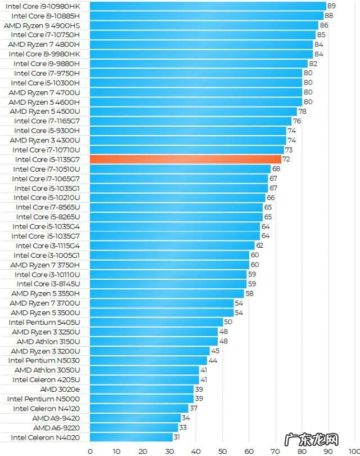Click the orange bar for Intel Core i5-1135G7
[x=186, y=159]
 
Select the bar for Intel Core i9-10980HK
[x=208, y=6]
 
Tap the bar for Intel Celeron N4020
[x=131, y=437]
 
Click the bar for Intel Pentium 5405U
[x=156, y=322]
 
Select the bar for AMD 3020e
[x=142, y=389]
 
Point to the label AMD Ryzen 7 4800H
[x=44, y=44]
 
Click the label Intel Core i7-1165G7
[x=47, y=121]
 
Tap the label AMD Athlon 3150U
[x=48, y=341]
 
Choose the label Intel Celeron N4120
[x=46, y=408]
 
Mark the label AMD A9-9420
[x=56, y=418]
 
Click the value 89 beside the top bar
[x=331, y=6]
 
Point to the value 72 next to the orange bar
[x=286, y=159]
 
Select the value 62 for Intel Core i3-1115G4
[x=260, y=245]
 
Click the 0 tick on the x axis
[x=90, y=450]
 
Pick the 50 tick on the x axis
[x=222, y=450]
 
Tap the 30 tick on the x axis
[x=169, y=450]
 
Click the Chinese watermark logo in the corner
[x=321, y=440]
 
